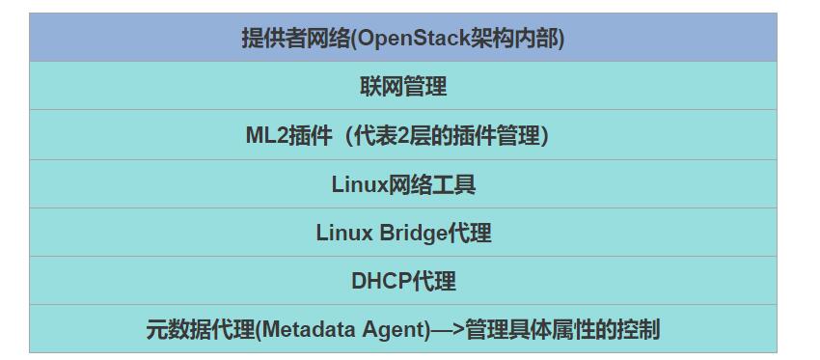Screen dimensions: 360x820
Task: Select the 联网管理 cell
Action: (403, 87)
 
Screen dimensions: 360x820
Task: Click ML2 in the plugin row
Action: (260, 136)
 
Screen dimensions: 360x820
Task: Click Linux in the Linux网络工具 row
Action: (359, 184)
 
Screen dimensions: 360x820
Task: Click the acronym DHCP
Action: (381, 281)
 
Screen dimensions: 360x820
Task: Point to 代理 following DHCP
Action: (434, 281)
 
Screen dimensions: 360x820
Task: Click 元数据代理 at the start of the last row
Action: (200, 329)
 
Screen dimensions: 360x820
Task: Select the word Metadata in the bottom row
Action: (309, 329)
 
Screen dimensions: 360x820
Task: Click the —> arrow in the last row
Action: (447, 329)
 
